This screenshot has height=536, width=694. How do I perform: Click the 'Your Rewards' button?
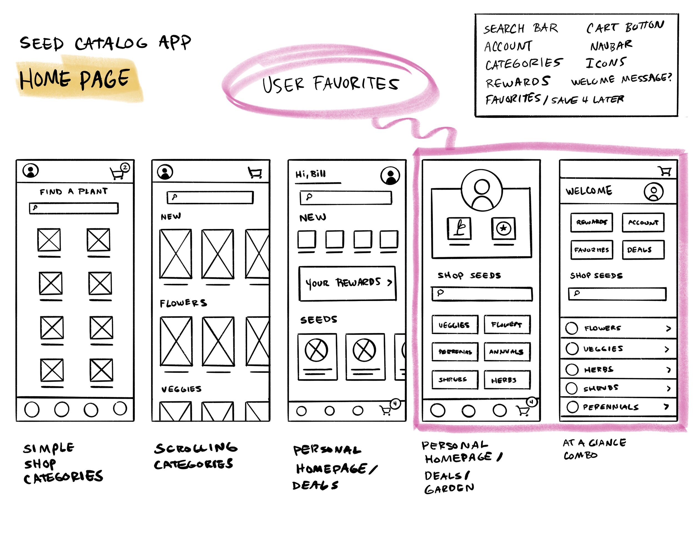tap(347, 283)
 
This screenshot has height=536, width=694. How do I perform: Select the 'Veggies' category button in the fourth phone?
tap(455, 325)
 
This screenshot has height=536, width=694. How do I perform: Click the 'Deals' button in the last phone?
tap(643, 250)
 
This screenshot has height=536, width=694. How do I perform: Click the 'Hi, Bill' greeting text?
tap(310, 174)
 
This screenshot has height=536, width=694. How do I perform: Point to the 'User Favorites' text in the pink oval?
tap(330, 84)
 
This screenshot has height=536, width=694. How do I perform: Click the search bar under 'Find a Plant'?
tap(74, 208)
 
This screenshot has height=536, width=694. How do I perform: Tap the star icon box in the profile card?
tap(503, 228)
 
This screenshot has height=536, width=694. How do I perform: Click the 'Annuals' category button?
tap(507, 352)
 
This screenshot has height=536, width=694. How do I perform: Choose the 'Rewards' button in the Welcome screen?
tap(591, 222)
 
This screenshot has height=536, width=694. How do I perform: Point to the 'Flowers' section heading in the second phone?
tap(183, 303)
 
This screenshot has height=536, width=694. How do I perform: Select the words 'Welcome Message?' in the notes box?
tap(621, 79)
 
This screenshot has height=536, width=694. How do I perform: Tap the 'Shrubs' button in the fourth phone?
tap(455, 380)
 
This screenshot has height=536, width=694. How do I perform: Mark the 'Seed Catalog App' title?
tap(105, 43)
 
